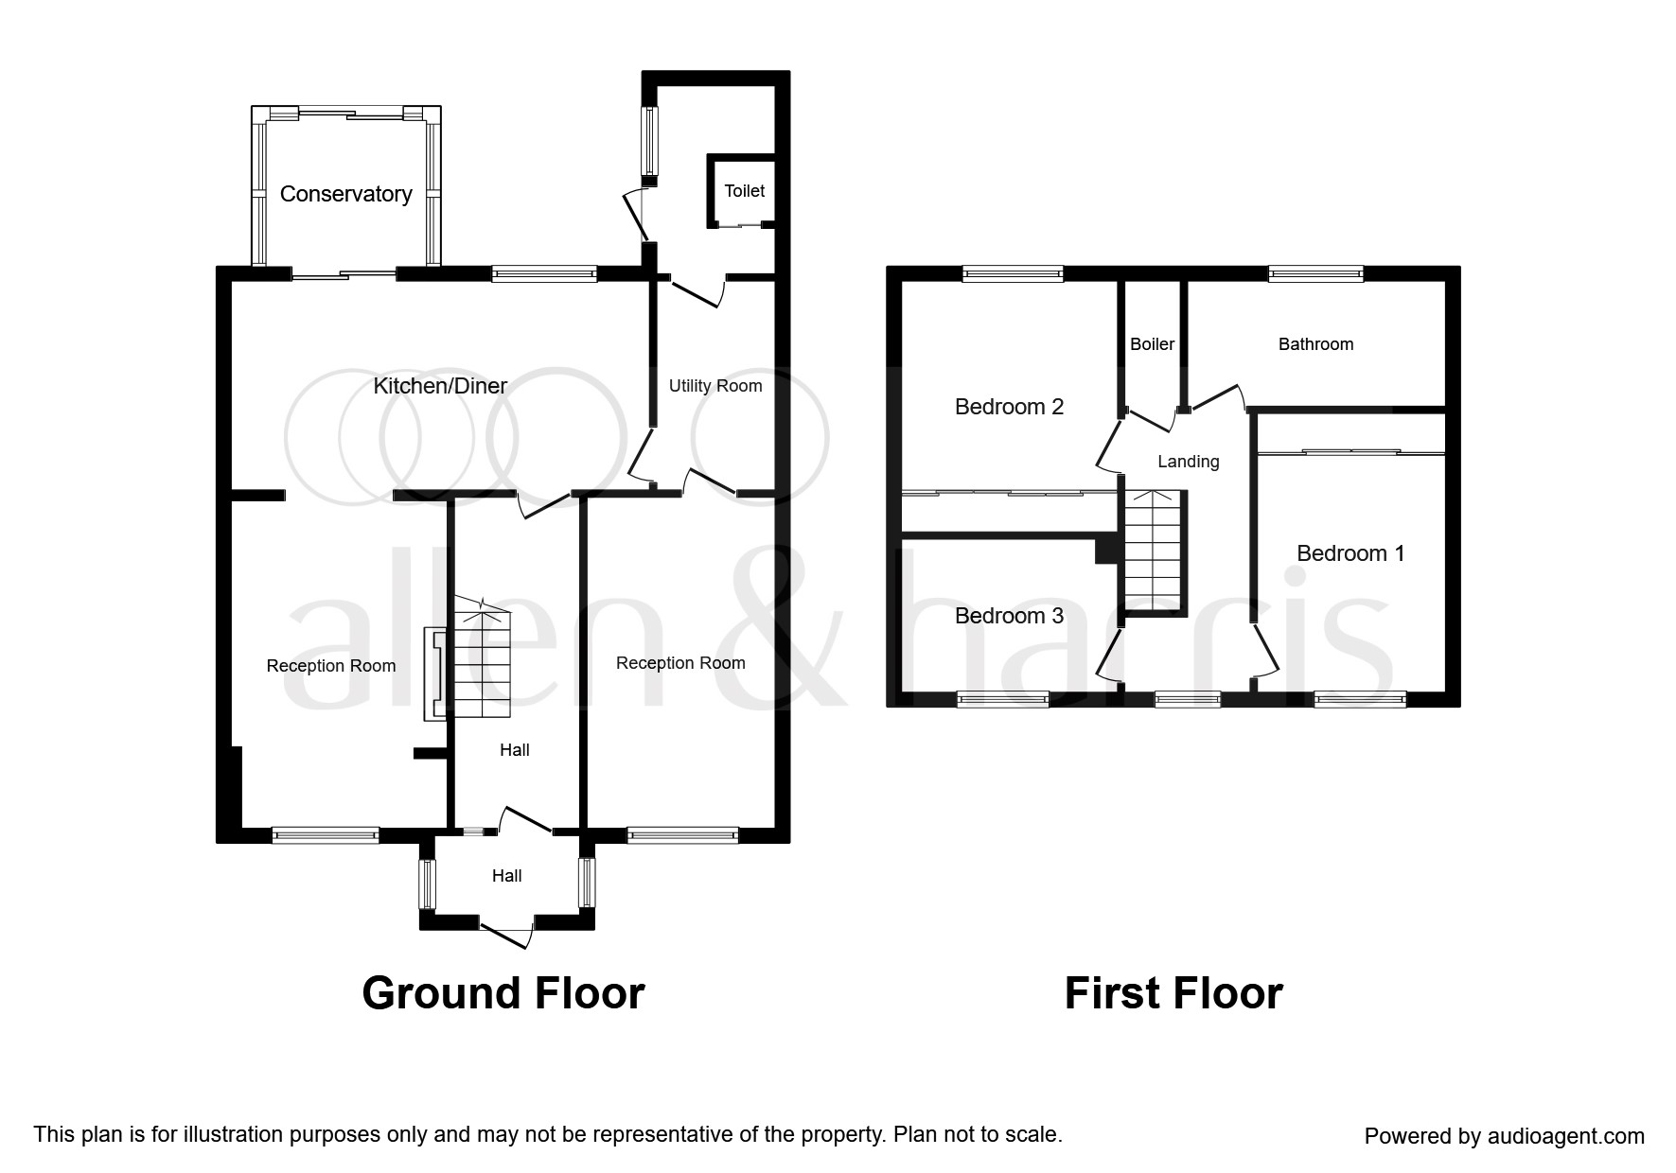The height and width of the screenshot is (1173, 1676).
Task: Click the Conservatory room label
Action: pyautogui.click(x=345, y=194)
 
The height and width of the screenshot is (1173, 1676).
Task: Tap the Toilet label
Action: pyautogui.click(x=744, y=191)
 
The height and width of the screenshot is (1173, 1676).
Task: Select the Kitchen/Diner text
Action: pyautogui.click(x=440, y=386)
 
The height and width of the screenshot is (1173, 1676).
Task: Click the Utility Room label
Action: pyautogui.click(x=715, y=386)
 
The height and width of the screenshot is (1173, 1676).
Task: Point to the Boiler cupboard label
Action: pyautogui.click(x=1152, y=344)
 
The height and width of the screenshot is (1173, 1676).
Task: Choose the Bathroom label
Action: pyautogui.click(x=1315, y=344)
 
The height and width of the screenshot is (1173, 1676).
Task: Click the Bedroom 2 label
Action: pyautogui.click(x=1009, y=407)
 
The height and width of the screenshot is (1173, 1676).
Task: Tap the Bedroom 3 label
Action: pyautogui.click(x=1009, y=616)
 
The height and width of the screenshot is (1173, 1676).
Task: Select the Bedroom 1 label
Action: pyautogui.click(x=1350, y=553)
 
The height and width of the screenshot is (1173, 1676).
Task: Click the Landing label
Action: pyautogui.click(x=1188, y=462)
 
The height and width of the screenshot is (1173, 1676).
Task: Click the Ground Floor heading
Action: pyautogui.click(x=503, y=993)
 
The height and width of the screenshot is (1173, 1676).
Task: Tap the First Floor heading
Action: pyautogui.click(x=1173, y=993)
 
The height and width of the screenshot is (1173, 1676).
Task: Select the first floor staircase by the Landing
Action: pyautogui.click(x=1155, y=553)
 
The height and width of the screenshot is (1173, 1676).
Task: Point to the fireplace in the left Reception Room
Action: pyautogui.click(x=433, y=674)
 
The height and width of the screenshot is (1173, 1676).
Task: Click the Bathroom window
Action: pyautogui.click(x=1315, y=274)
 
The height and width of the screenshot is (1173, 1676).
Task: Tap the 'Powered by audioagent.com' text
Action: pyautogui.click(x=1504, y=1136)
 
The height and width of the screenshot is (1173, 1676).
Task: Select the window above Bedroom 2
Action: pyautogui.click(x=1013, y=274)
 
